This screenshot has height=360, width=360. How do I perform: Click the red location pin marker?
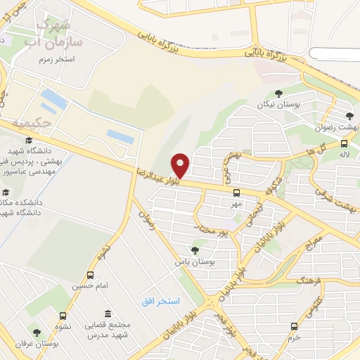[181, 165]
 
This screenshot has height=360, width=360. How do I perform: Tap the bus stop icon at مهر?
[236, 192]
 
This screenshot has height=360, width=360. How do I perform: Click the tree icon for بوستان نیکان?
[278, 93]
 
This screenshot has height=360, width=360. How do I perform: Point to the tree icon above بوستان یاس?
[195, 250]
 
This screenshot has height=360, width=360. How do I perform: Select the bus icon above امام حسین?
[90, 275]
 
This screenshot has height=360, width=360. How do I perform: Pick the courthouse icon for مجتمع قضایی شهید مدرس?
[107, 314]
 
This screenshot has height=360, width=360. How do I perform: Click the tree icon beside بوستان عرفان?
[37, 333]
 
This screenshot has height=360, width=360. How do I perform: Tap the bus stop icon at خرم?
[295, 326]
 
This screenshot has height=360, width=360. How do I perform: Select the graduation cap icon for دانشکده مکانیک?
[6, 192]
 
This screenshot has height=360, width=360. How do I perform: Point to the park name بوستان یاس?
[194, 262]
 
